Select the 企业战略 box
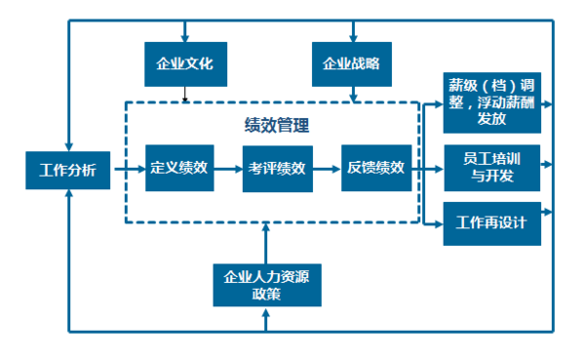(351, 64)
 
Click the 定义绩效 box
(179, 168)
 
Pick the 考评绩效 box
(277, 168)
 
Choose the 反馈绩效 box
(375, 168)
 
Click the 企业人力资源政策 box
(266, 284)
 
